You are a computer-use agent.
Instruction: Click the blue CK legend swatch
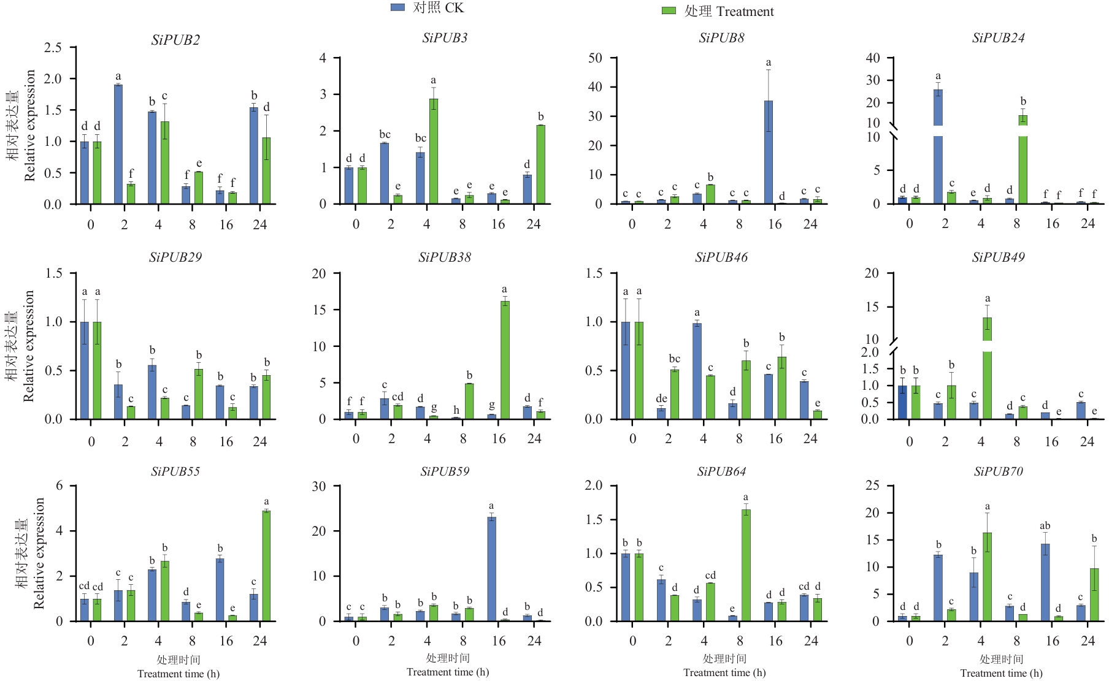[397, 7]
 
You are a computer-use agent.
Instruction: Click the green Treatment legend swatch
[669, 11]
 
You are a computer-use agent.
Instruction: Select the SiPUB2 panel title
[175, 40]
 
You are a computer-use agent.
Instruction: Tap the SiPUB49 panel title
[998, 257]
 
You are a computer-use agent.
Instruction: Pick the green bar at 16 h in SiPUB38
[505, 360]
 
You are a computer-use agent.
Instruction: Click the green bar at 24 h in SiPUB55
[266, 565]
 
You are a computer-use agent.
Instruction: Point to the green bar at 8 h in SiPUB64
[746, 565]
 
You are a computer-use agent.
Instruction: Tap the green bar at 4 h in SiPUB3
[434, 151]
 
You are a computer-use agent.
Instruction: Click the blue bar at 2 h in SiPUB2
[118, 144]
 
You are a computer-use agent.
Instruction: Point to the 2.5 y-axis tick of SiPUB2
[53, 47]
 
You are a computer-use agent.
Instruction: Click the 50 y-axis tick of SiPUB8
[595, 58]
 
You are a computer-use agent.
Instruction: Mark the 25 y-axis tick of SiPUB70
[872, 485]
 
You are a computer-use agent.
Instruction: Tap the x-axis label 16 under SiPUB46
[775, 438]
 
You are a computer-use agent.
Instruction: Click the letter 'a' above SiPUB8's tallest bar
[769, 63]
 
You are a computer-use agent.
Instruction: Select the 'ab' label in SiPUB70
[1045, 526]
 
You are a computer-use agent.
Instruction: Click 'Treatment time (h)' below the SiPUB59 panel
[448, 672]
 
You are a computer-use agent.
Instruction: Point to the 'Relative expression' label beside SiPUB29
[29, 346]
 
